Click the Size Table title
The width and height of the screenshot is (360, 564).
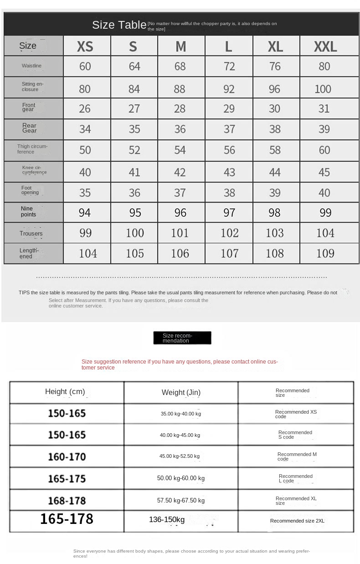119,25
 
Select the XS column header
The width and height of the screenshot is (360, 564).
85,46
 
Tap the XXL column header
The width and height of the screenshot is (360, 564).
325,46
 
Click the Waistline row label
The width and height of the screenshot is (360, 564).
31,66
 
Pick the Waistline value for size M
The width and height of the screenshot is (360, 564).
180,67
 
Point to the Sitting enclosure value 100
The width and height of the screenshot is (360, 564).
323,89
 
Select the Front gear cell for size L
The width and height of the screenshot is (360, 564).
229,109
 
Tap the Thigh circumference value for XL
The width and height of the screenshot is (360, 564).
275,150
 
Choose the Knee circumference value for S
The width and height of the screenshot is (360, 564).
134,172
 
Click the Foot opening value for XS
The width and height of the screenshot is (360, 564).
85,193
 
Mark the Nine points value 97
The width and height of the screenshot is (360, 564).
229,213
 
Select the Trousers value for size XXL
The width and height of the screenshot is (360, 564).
325,233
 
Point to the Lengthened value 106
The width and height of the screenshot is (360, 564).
180,253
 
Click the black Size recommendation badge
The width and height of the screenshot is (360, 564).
182,338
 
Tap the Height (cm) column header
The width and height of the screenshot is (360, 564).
65,392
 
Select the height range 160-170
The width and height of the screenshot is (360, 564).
67,456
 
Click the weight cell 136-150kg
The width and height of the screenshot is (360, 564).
167,520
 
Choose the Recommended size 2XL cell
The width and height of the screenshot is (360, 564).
297,521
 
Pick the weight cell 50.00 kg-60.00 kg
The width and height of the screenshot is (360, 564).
181,478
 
